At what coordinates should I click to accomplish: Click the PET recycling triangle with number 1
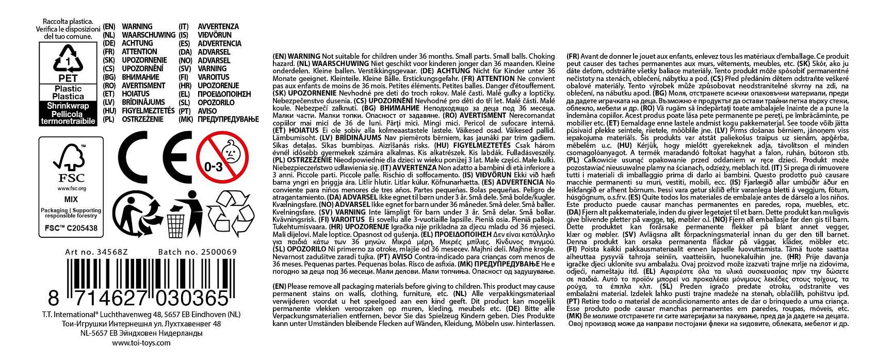pyautogui.click(x=68, y=61)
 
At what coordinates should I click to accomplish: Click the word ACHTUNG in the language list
pyautogui.click(x=137, y=43)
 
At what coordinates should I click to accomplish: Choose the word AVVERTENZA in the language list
pyautogui.click(x=218, y=26)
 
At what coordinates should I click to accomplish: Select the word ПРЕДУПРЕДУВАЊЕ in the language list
pyautogui.click(x=228, y=119)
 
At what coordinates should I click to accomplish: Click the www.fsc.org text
pyautogui.click(x=71, y=189)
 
